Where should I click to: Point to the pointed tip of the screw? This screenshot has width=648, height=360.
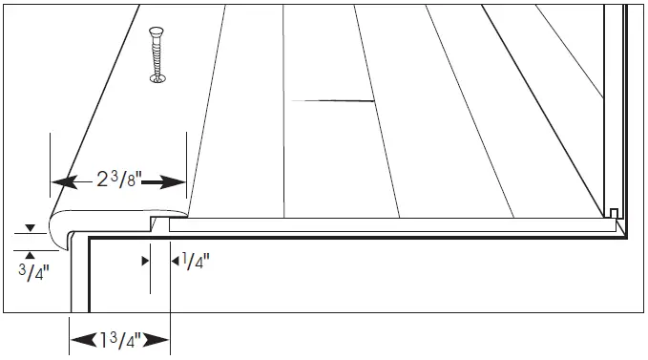click(157, 74)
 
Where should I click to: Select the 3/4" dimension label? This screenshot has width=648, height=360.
click(29, 271)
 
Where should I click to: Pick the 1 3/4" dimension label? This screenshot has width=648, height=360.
click(120, 339)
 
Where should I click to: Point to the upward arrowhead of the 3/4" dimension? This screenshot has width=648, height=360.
click(29, 253)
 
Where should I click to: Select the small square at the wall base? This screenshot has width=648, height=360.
click(614, 213)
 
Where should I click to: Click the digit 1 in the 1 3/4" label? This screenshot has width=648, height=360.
click(104, 339)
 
